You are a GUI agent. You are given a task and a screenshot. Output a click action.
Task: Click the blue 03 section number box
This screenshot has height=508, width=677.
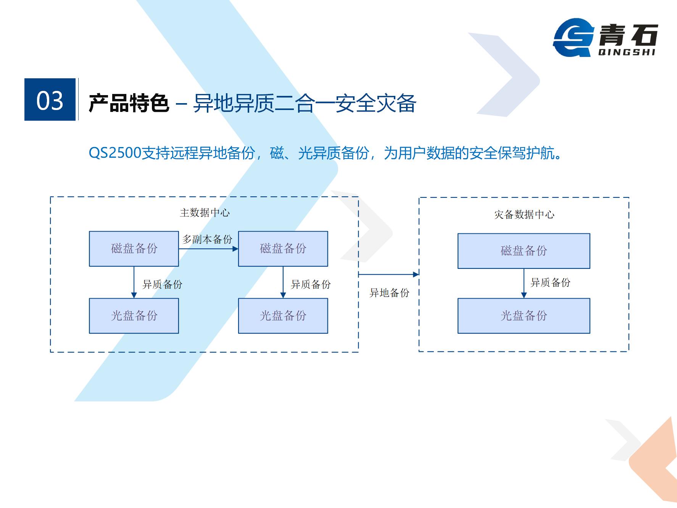pos(50,100)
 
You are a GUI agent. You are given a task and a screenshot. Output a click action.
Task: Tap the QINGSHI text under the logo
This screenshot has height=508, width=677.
pos(627,52)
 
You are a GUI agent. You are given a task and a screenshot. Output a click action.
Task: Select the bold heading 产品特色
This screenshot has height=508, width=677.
pos(129,103)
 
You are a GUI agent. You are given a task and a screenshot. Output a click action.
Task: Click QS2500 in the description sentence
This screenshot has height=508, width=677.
pos(115,153)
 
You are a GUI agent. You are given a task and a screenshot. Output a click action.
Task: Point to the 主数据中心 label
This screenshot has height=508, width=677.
pos(205,213)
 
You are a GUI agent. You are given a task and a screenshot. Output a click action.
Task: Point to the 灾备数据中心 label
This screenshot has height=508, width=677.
pos(524,215)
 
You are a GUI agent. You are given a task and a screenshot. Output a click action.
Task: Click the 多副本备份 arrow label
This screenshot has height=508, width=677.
pos(207,239)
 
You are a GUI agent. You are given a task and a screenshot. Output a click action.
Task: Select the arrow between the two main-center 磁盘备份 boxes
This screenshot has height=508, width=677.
pos(208,249)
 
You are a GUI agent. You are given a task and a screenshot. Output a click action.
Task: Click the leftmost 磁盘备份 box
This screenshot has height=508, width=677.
pos(134,249)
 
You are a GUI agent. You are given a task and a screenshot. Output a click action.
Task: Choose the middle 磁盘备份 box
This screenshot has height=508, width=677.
pos(283,249)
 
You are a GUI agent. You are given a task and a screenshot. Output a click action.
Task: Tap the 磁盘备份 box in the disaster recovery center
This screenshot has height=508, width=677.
pos(524,251)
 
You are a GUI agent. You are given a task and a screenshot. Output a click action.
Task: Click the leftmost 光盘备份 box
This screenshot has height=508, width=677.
pos(134,316)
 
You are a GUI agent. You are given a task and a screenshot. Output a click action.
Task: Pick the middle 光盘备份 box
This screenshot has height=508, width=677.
pos(283,316)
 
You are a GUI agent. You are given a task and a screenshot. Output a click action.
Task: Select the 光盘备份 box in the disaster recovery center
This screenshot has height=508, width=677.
pos(524,316)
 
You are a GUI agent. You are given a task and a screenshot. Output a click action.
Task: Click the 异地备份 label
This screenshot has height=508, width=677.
pos(389,293)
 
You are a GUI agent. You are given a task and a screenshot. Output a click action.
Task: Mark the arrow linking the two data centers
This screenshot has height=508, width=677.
pos(389,274)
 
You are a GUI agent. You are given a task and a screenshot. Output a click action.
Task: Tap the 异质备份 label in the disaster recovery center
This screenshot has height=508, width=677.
pos(551,283)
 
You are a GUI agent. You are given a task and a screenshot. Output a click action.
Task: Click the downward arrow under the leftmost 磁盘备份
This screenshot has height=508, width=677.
pos(134,282)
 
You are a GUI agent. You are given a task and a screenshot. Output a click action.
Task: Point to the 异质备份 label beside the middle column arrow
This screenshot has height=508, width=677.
pos(311,285)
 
